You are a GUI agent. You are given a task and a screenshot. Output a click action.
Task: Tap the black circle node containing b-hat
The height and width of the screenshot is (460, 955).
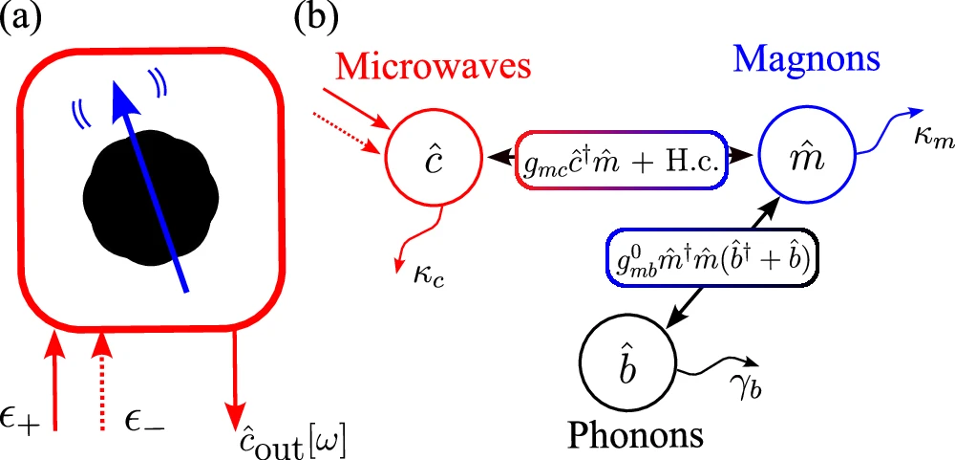coord(626,365)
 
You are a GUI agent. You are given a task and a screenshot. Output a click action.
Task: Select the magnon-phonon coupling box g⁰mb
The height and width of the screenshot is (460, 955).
coord(711,260)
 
